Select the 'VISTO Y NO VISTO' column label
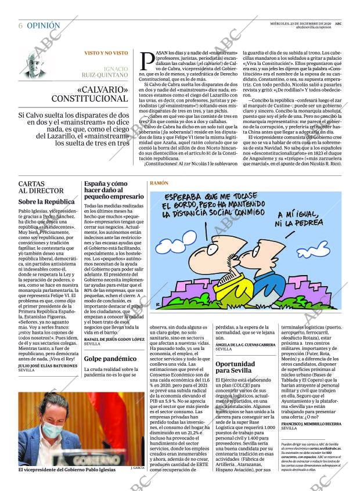click(x=106, y=53)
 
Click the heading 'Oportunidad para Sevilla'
click(x=235, y=367)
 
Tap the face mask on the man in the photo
click(x=52, y=430)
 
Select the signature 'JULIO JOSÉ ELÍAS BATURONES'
click(x=48, y=366)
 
